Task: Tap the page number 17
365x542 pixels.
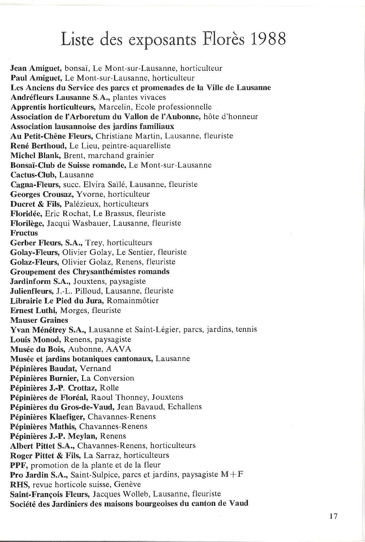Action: coord(333,516)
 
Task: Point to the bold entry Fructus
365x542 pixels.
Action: coord(24,233)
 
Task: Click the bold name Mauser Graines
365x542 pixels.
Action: coord(39,320)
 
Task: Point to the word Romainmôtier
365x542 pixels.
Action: coord(133,301)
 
